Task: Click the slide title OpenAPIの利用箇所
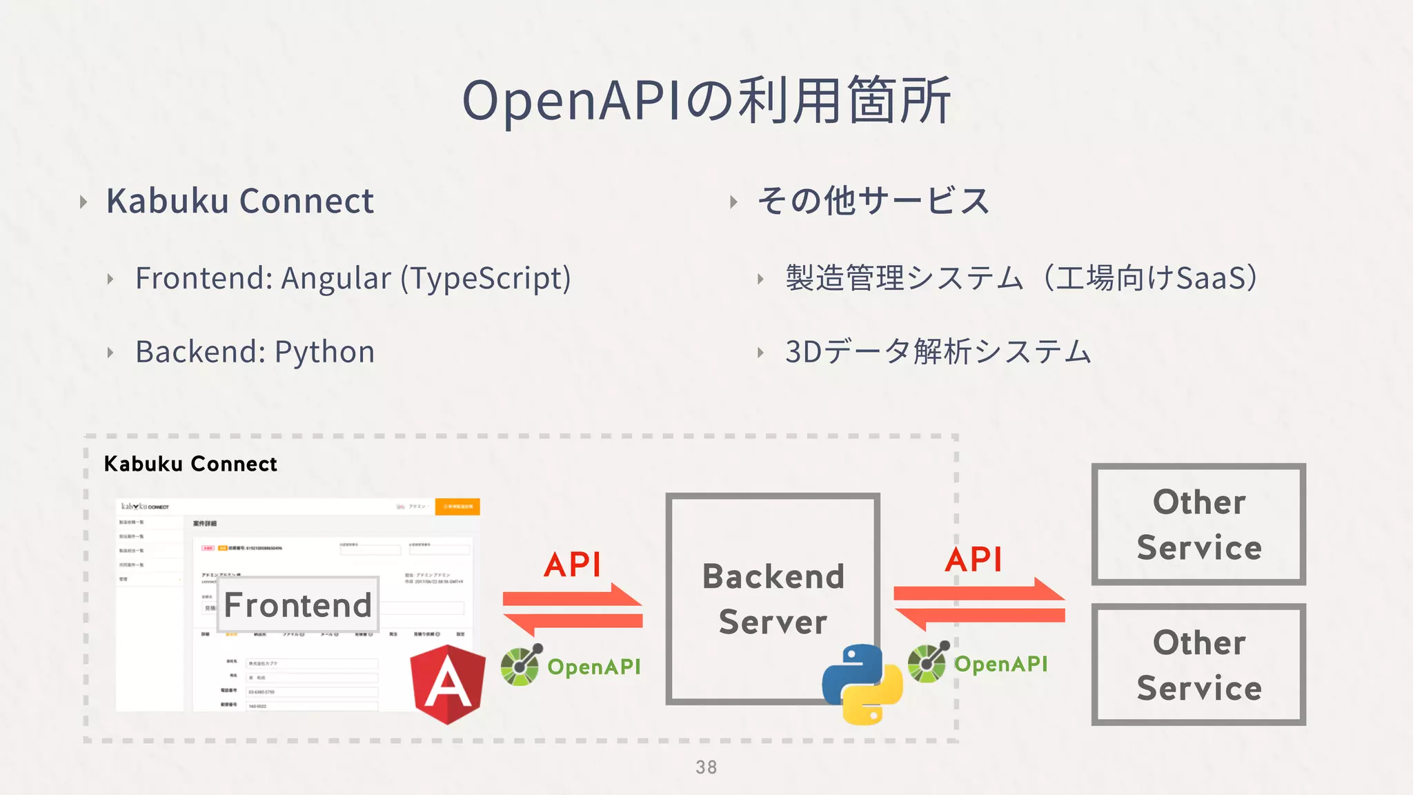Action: pos(706,101)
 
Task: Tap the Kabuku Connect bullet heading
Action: pos(239,201)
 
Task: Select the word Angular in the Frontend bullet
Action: pos(336,278)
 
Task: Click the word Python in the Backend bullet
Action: pos(324,352)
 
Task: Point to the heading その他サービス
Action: pos(873,201)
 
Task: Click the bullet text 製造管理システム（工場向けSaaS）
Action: pos(1021,278)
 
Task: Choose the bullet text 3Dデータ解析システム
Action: pos(938,352)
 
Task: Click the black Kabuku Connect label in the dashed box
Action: pos(190,464)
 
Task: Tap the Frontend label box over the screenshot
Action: pos(298,605)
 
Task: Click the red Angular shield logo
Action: pos(448,684)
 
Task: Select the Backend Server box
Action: pos(773,598)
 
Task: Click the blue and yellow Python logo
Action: pos(862,684)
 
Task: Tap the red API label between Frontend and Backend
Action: pos(573,565)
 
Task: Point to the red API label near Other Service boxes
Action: pos(974,559)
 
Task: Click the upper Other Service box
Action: pos(1198,524)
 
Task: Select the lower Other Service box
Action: pos(1198,665)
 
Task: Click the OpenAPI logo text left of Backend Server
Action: pos(593,667)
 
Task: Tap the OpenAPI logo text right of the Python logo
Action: pos(1000,664)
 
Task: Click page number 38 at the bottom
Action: pos(706,767)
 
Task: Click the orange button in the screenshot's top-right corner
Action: pos(457,507)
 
